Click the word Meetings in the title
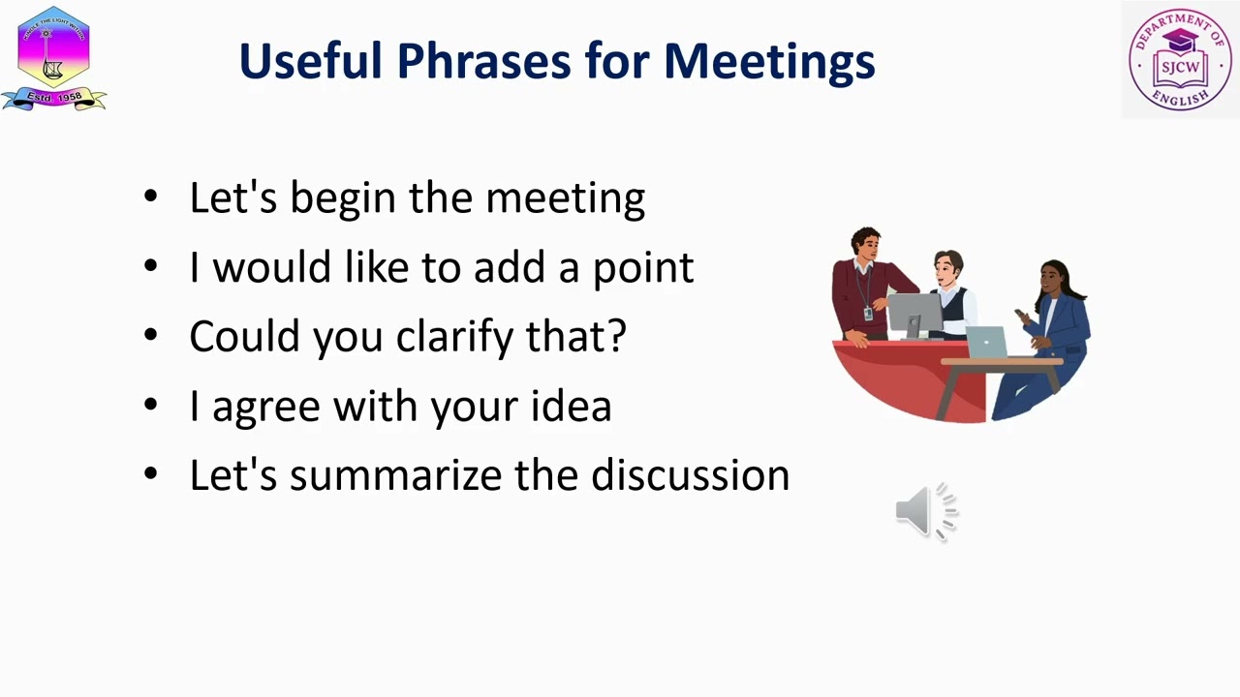coord(769,61)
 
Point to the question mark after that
coord(616,336)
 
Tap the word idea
coord(571,406)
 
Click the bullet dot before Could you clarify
coord(150,336)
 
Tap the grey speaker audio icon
coord(925,511)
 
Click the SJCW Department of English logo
coord(1180,59)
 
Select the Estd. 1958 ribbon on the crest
coord(53,98)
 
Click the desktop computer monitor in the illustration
coord(914,314)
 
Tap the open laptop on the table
coord(986,343)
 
